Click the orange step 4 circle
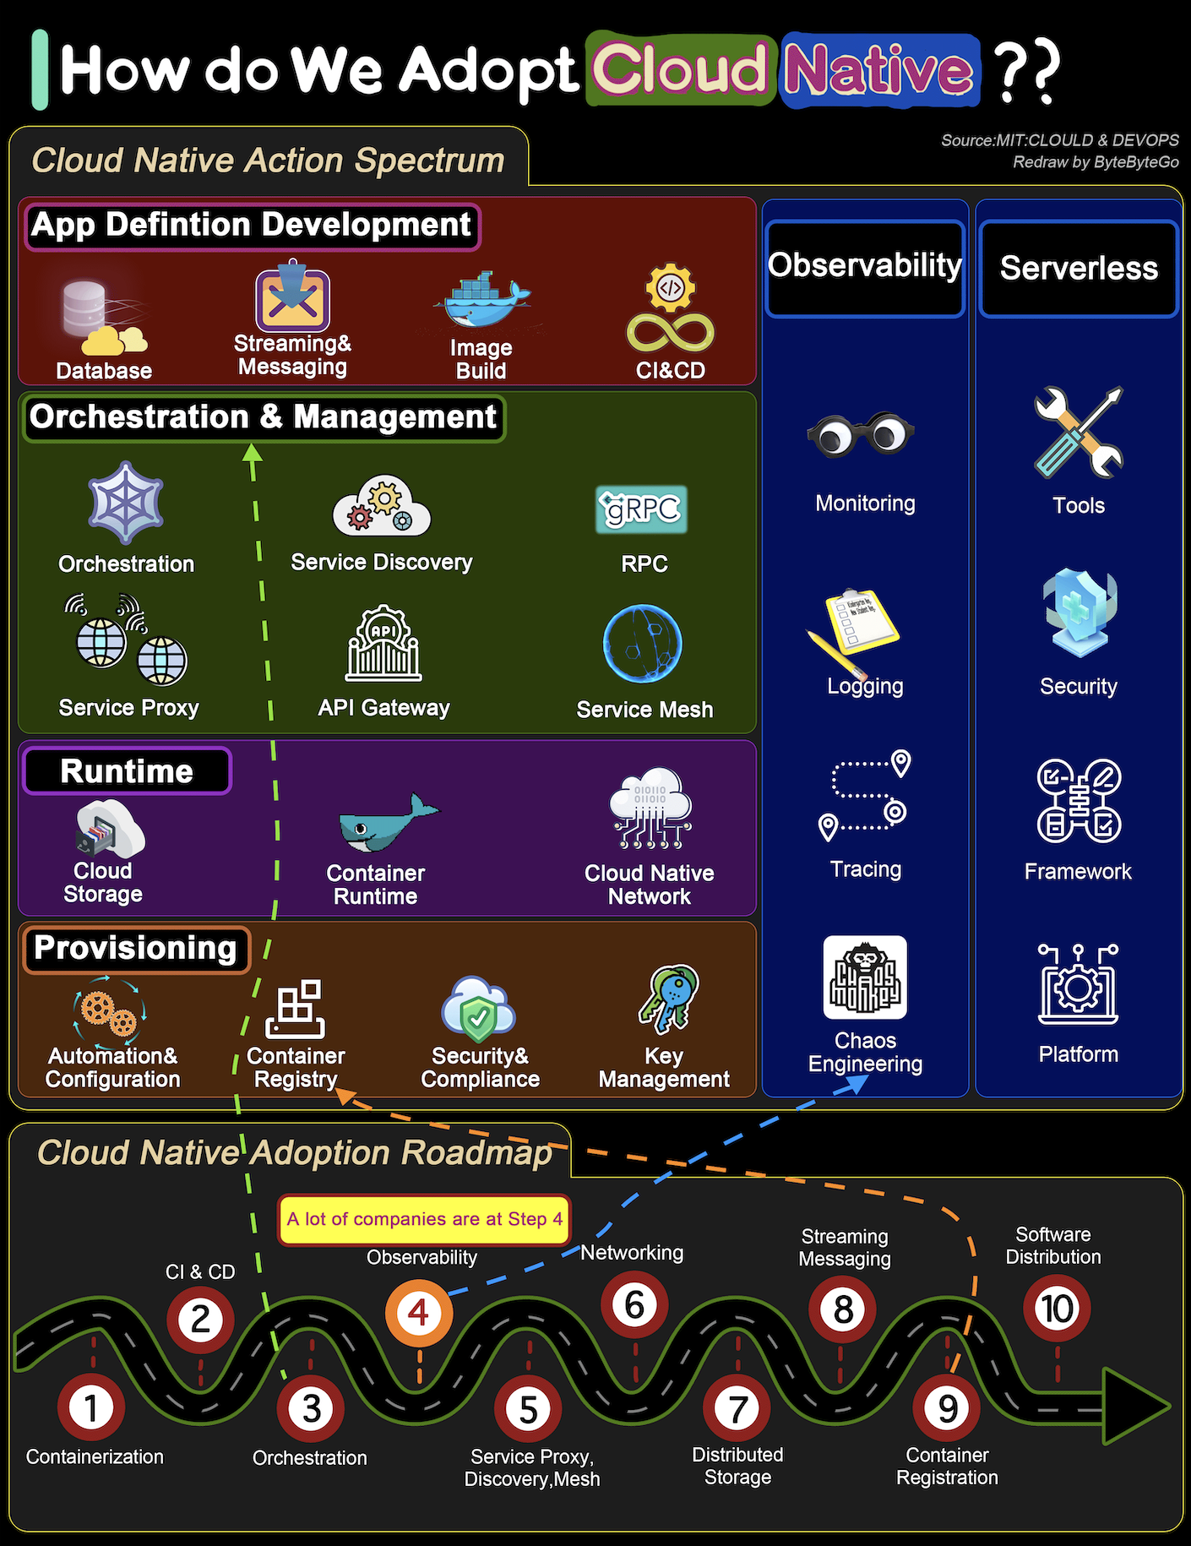pyautogui.click(x=419, y=1313)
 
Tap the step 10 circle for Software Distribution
pyautogui.click(x=1057, y=1309)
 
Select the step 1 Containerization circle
pyautogui.click(x=91, y=1407)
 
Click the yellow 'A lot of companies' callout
pyautogui.click(x=424, y=1219)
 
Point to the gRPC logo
pyautogui.click(x=642, y=509)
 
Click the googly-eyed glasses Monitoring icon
pyautogui.click(x=860, y=434)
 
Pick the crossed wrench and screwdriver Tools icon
pyautogui.click(x=1079, y=432)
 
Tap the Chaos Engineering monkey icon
pyautogui.click(x=865, y=977)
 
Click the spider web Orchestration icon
pyautogui.click(x=126, y=502)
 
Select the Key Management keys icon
pyautogui.click(x=669, y=999)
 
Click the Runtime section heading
pyautogui.click(x=127, y=771)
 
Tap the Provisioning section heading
pyautogui.click(x=136, y=949)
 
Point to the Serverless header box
pyautogui.click(x=1079, y=269)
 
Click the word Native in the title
pyautogui.click(x=879, y=70)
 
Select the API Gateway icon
pyautogui.click(x=383, y=643)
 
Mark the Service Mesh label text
pyautogui.click(x=644, y=710)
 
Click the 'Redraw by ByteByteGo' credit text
pyautogui.click(x=1096, y=162)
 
